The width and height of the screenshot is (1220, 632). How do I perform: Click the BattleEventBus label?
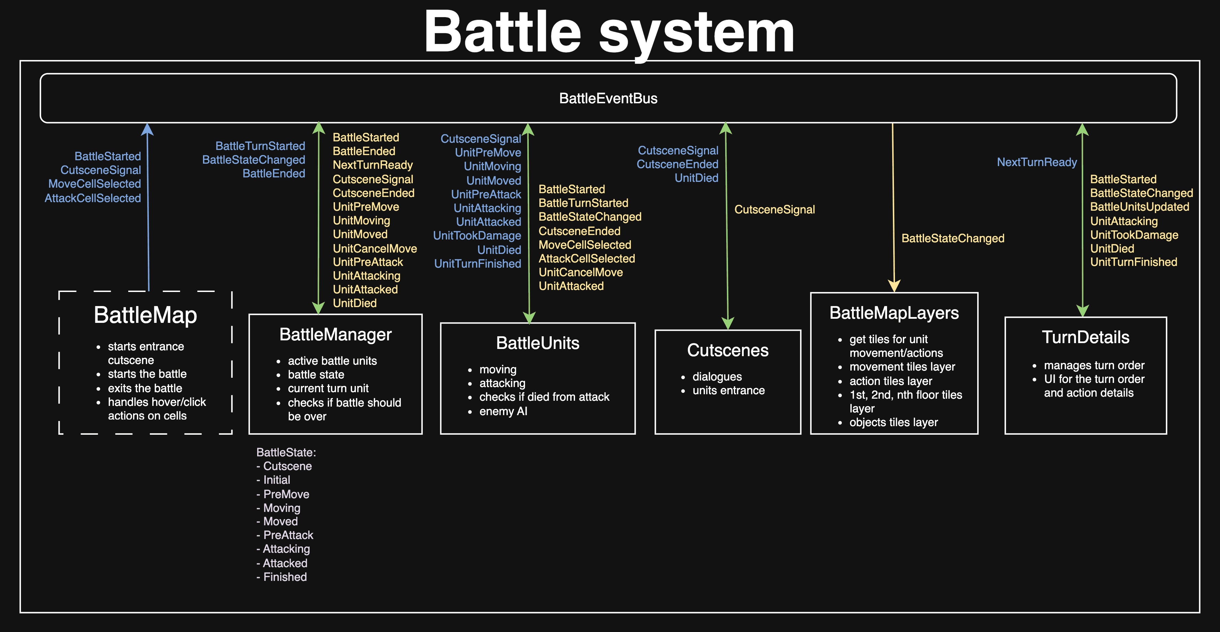tap(608, 98)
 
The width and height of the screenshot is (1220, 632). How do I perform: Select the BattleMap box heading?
tap(145, 315)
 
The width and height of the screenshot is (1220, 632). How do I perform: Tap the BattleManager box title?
tap(335, 335)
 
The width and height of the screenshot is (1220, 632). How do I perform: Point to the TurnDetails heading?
tap(1086, 337)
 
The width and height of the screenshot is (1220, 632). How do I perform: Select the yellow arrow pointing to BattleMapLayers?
tap(893, 209)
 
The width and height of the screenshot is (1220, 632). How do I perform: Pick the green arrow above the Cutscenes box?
tap(727, 227)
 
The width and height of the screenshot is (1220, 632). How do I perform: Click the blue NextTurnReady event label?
tap(1037, 163)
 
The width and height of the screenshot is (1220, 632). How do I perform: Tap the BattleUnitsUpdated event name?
tap(1139, 207)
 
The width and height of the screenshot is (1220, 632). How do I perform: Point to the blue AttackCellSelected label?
tap(93, 198)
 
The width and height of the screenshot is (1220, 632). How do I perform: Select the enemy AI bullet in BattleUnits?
tap(503, 411)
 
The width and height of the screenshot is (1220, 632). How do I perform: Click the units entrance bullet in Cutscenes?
tap(728, 390)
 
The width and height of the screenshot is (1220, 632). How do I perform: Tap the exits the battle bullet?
tap(145, 388)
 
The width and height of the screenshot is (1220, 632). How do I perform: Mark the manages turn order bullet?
tap(1094, 365)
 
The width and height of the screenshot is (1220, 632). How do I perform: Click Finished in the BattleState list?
tap(285, 577)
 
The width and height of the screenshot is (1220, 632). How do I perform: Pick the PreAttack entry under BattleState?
tap(288, 535)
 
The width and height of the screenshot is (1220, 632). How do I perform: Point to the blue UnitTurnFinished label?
tap(477, 264)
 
